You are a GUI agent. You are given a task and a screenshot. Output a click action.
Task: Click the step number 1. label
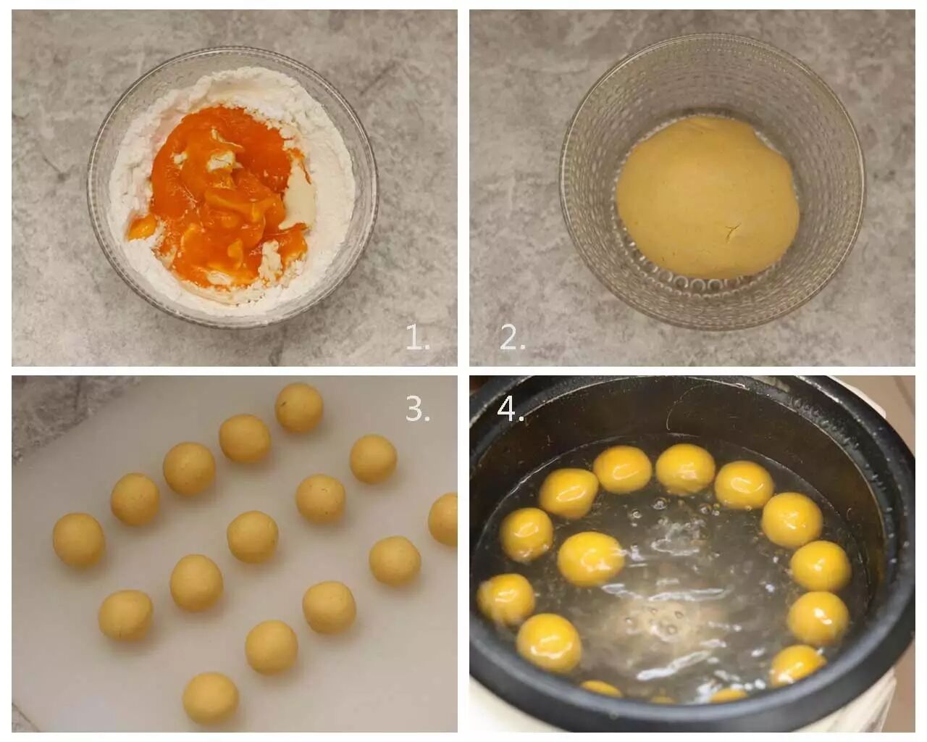(x=417, y=338)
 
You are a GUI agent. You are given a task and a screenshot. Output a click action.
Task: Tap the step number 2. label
(x=512, y=338)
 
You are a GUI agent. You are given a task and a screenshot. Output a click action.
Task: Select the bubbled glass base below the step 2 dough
(x=706, y=285)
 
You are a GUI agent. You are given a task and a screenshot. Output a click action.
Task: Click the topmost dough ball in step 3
(x=298, y=407)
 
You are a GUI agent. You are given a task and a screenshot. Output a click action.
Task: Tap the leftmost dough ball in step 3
(x=78, y=539)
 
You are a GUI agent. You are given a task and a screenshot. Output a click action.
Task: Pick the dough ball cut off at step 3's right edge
(x=444, y=519)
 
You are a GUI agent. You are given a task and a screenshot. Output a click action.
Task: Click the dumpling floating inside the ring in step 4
(x=591, y=559)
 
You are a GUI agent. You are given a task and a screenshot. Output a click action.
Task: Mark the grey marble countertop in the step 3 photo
(x=51, y=409)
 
